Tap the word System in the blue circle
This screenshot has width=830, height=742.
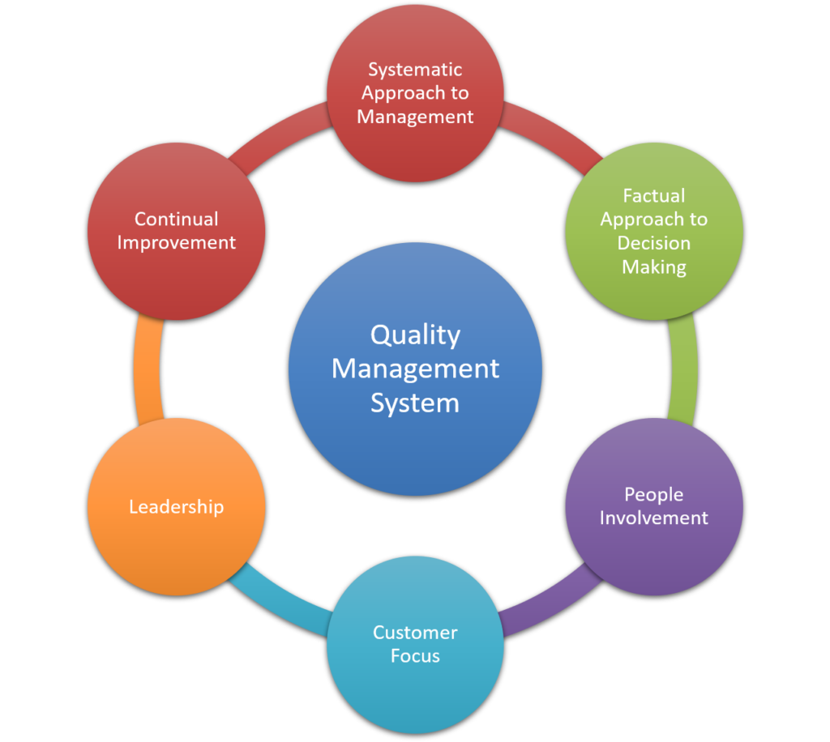[415, 403]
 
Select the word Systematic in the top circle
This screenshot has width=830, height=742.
[415, 69]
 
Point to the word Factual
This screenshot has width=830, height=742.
[654, 195]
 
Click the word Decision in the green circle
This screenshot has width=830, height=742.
[654, 243]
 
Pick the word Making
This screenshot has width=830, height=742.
[654, 267]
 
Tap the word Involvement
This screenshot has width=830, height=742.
[654, 518]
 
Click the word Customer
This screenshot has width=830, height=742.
[415, 633]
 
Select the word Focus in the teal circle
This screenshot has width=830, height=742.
[415, 656]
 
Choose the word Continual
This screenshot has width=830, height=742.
[176, 219]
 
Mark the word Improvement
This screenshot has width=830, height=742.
[176, 242]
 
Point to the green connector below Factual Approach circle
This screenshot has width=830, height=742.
[683, 369]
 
